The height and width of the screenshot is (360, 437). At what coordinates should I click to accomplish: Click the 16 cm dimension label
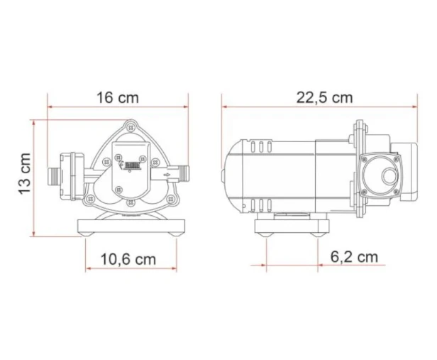(117, 97)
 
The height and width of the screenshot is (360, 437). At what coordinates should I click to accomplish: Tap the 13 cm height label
(24, 173)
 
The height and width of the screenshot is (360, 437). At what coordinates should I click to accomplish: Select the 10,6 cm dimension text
(128, 259)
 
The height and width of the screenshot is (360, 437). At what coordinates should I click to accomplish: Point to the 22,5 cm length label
(324, 97)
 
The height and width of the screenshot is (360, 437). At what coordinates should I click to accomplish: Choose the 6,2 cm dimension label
(354, 256)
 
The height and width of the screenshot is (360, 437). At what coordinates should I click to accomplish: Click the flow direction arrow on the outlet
(167, 175)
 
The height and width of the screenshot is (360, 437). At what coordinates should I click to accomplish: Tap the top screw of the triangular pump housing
(130, 128)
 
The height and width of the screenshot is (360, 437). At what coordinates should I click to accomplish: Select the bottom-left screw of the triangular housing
(89, 199)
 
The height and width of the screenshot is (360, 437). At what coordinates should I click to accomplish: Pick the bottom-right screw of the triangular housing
(170, 199)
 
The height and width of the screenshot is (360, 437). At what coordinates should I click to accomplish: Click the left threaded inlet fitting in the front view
(53, 177)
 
